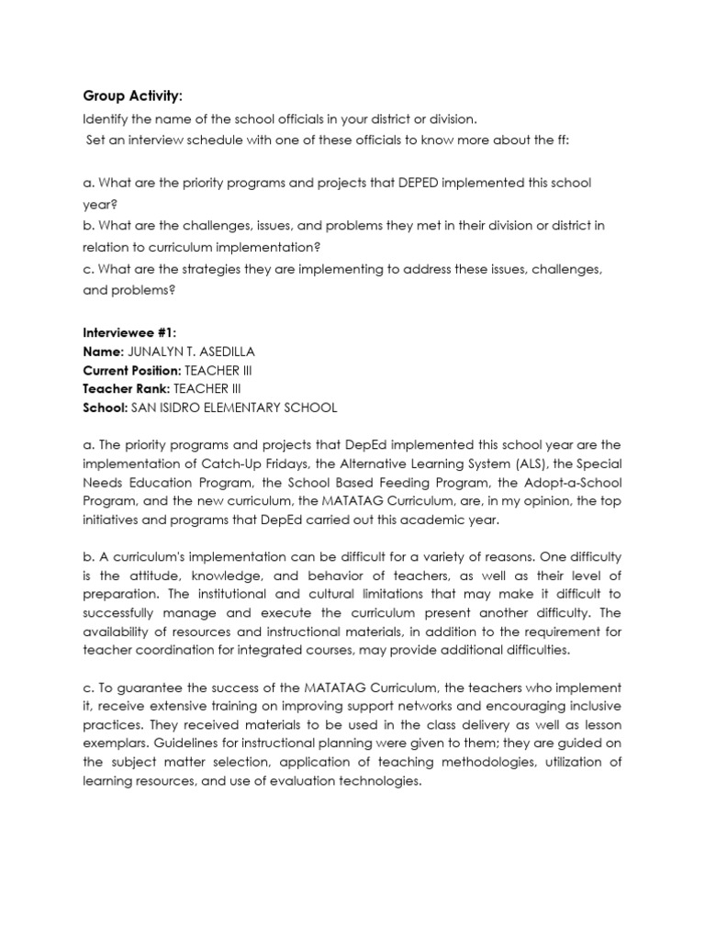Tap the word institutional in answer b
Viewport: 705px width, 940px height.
click(x=211, y=593)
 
